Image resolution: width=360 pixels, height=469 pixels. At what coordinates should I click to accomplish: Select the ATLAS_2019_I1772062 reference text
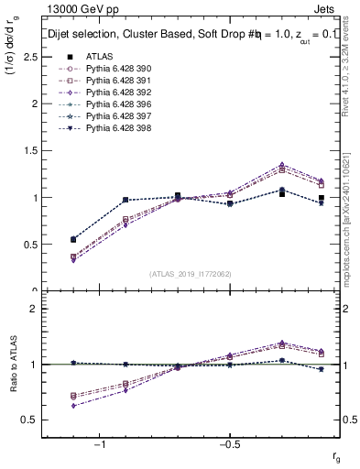191,273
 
